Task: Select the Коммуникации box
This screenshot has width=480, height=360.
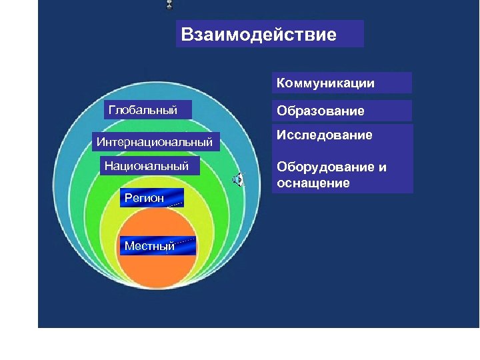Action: (x=341, y=83)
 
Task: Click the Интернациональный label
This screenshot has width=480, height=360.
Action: (x=154, y=142)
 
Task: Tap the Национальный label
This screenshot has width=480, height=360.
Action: (x=147, y=166)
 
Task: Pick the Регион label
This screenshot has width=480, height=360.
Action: (x=144, y=198)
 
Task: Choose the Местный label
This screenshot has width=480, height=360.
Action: (x=150, y=246)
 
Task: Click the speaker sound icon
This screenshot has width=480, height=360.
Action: (x=237, y=179)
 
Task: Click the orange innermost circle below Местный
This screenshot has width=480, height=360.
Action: (x=158, y=280)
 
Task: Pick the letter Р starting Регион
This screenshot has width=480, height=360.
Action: (x=127, y=198)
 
